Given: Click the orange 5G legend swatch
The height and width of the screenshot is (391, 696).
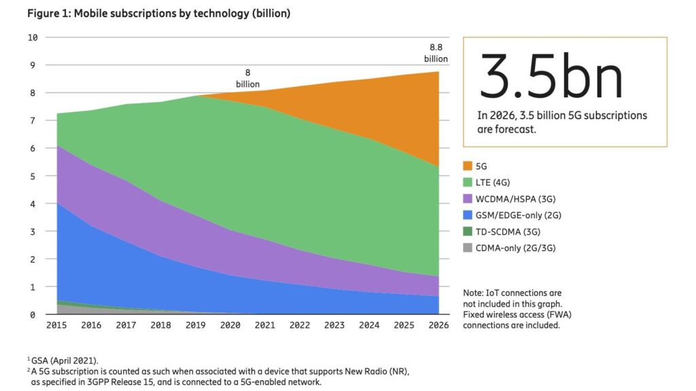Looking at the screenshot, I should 468,165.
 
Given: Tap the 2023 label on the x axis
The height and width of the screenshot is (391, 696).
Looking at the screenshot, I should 335,325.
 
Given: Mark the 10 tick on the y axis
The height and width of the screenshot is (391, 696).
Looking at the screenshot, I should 32,37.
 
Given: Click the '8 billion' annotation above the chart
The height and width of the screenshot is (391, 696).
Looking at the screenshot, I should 248,78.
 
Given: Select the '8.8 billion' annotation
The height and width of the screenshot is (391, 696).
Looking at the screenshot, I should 436,53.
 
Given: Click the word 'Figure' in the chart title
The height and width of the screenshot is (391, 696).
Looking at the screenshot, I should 43,14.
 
